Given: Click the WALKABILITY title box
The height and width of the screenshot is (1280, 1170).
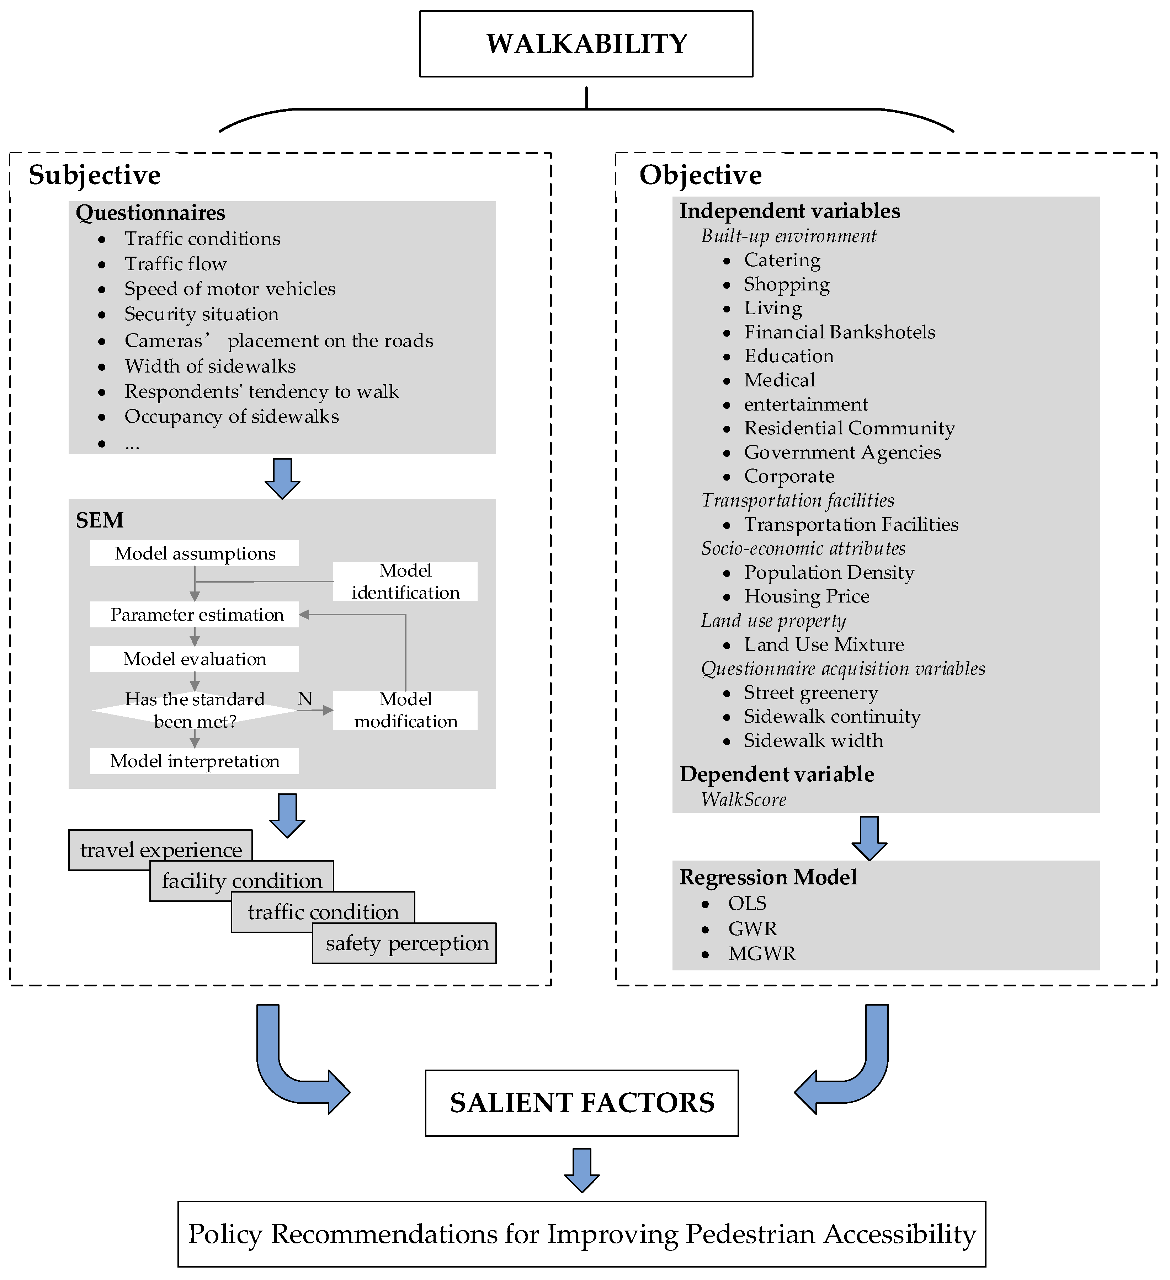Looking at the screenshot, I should (586, 44).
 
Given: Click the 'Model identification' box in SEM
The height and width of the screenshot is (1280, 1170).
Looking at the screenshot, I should (405, 581).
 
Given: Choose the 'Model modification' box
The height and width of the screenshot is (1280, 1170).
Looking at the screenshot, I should (405, 710).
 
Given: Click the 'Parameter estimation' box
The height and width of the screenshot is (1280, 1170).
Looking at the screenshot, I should (195, 615).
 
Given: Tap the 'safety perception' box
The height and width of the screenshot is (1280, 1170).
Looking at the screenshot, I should (406, 943).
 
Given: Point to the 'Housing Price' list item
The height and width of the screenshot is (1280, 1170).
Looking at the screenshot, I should (807, 596).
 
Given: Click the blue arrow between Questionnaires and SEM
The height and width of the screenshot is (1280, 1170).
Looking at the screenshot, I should (282, 477).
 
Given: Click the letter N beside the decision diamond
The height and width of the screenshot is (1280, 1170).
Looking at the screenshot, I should (305, 698).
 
